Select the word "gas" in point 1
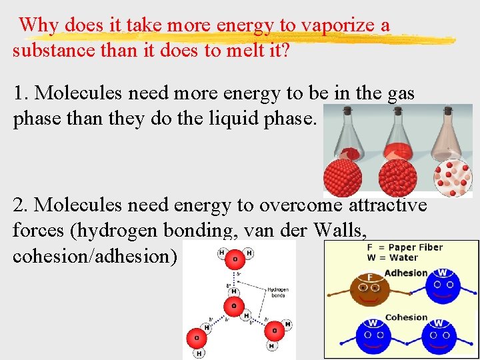pos(400,93)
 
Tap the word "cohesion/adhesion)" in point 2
pos(95,256)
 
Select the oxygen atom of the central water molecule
pos(233,306)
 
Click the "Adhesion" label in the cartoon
pos(406,273)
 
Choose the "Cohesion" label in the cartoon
pos(406,317)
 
